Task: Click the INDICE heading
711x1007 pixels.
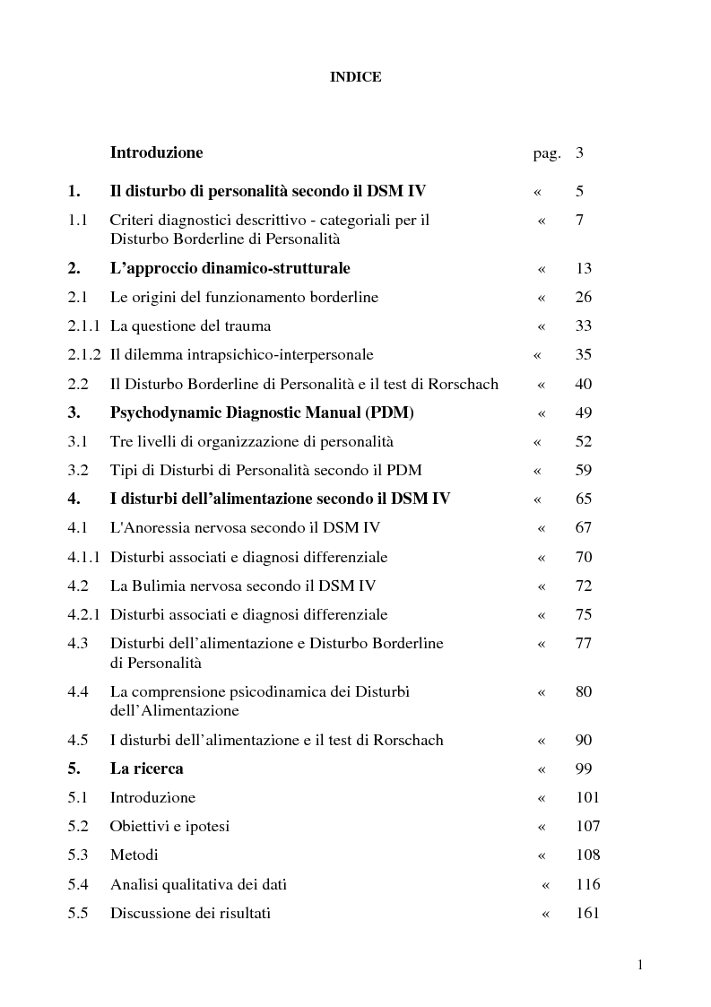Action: pos(356,77)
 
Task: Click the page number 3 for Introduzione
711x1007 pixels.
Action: pos(580,152)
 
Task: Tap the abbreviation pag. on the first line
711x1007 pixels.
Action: pos(547,153)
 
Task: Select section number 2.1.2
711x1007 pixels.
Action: pos(84,355)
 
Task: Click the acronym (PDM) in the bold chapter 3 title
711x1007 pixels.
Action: pos(383,412)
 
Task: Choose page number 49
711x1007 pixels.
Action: pos(583,412)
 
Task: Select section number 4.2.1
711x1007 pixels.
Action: pos(84,614)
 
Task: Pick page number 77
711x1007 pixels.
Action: pos(583,643)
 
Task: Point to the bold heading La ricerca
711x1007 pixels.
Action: pos(146,768)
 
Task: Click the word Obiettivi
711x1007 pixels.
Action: pos(139,826)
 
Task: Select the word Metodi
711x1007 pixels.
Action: pos(134,855)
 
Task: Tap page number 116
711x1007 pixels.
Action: pos(588,884)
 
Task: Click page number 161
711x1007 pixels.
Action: pos(588,913)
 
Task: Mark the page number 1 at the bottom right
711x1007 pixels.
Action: pos(640,965)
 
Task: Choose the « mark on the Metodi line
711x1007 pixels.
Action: pos(541,855)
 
